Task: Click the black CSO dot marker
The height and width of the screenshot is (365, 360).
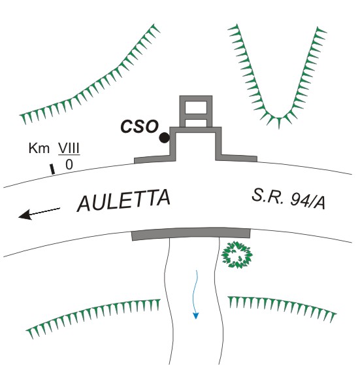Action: [165, 137]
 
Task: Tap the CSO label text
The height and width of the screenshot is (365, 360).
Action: [140, 126]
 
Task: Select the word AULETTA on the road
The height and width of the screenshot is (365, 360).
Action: [123, 200]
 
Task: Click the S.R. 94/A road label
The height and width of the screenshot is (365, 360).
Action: [288, 200]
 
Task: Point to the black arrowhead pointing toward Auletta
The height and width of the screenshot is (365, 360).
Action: [25, 215]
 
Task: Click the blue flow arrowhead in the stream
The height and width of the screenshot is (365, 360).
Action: [196, 316]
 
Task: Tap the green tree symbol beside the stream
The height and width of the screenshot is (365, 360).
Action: [237, 254]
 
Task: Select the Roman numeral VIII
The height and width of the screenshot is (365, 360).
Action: [69, 148]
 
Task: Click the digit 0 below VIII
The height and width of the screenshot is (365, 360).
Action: [69, 165]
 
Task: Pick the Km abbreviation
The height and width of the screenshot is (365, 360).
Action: [39, 148]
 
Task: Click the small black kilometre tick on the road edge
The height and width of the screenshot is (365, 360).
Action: [52, 169]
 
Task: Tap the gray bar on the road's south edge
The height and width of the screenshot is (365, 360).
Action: [191, 234]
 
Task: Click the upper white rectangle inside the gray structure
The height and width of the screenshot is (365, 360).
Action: [196, 107]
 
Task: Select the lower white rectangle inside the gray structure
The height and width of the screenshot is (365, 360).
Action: [196, 123]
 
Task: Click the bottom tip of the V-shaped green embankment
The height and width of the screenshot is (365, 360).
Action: [279, 128]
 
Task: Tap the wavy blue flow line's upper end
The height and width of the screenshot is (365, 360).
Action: [197, 270]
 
